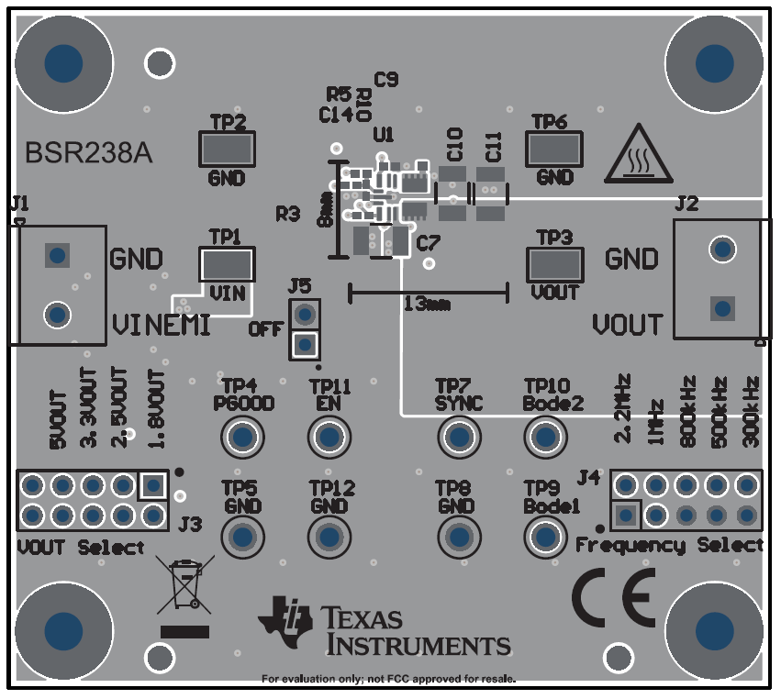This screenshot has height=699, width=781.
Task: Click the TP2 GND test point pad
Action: point(227,149)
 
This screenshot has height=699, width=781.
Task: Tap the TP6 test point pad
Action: point(553,149)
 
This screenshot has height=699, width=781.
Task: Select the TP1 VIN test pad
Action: point(227,265)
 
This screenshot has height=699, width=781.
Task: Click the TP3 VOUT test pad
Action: point(553,265)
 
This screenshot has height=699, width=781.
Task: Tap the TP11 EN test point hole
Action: point(329,438)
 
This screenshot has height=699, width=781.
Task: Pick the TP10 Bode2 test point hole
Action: point(545,438)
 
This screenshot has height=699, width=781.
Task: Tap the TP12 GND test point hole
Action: point(329,537)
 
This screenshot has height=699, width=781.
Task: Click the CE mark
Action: point(616,596)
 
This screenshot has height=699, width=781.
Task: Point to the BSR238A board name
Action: point(88,152)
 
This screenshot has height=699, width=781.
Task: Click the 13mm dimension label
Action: point(427,305)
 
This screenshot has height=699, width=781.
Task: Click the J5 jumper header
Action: point(304,329)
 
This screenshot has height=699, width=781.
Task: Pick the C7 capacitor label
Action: point(428,244)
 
